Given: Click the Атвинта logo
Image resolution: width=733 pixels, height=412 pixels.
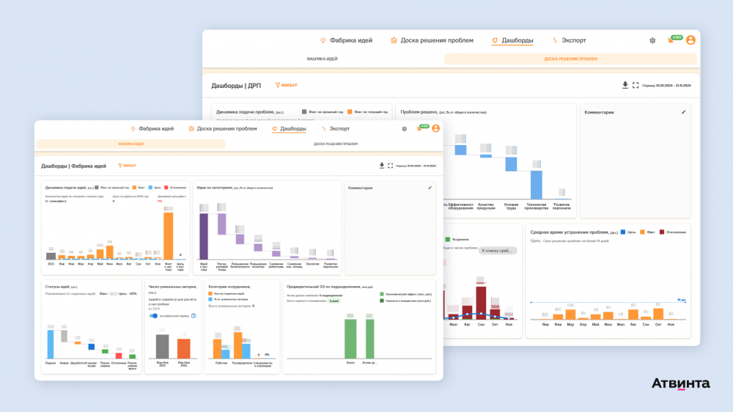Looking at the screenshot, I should coord(680,383).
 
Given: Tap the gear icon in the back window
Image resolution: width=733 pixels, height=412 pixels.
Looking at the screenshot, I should coord(652,40).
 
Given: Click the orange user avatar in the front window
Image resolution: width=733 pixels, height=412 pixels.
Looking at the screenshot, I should coord(435,128).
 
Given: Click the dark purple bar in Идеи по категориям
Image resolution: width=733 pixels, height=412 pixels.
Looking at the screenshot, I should coord(204,236).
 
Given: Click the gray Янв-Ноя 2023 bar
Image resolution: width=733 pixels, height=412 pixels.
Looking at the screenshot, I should coord(162,347).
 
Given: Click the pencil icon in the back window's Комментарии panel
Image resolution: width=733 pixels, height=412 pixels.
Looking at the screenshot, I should coord(683,112).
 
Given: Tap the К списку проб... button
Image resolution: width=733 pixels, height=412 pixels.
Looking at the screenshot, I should coord(498,251).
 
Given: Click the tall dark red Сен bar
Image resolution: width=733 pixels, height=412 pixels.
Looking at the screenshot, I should coord(481,301).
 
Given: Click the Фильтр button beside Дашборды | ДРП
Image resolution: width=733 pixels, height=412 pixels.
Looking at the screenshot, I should coord(286,85).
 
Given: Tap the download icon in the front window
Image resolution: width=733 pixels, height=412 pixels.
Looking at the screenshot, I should coord(381,166).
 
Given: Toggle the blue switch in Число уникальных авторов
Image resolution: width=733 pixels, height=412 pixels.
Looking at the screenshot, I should coord(153,316).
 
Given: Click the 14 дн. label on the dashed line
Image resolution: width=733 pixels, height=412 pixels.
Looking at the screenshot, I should coord(681,300).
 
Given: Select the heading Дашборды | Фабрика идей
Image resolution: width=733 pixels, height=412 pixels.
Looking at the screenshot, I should coord(73,166).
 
